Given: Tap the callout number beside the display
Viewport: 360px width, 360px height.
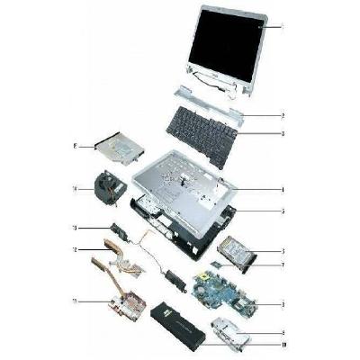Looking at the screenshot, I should coord(283,28).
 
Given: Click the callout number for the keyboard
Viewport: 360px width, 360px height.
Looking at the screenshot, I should coord(283,134).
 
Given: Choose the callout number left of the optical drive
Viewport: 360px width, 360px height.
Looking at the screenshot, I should coord(73,144).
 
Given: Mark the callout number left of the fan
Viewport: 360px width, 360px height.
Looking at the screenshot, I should coord(73,188).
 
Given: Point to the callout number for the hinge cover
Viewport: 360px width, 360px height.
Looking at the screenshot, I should coord(283,115).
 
